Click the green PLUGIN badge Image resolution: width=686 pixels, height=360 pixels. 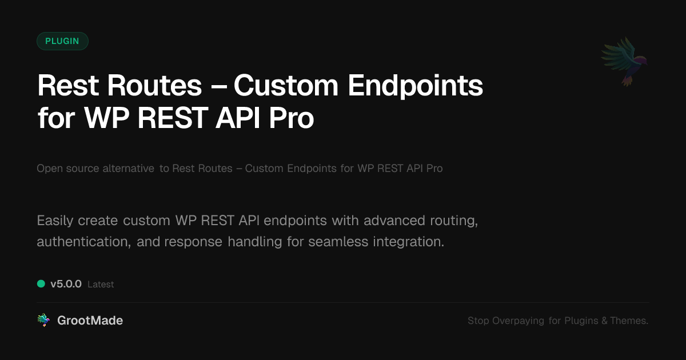[62, 41]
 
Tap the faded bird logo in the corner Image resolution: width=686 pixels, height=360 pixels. [624, 62]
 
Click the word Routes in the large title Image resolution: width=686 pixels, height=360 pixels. [154, 86]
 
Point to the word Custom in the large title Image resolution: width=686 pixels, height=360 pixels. [286, 86]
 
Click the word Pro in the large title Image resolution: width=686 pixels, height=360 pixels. [291, 118]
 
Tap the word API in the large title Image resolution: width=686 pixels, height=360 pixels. [238, 118]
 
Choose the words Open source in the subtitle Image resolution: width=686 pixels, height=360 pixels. [67, 169]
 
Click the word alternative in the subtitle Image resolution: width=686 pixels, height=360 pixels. [128, 169]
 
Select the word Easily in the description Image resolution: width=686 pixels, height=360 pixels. [55, 221]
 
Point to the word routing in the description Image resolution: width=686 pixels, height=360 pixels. [454, 221]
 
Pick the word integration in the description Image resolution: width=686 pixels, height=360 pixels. [408, 242]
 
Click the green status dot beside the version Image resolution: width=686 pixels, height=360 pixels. [41, 284]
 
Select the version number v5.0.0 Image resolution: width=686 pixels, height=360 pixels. [66, 284]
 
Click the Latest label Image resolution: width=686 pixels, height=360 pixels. [101, 285]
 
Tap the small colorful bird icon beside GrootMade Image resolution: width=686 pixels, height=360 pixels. [43, 320]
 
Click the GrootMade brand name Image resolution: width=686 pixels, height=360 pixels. [90, 321]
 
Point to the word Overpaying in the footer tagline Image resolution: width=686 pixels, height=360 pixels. [518, 321]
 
